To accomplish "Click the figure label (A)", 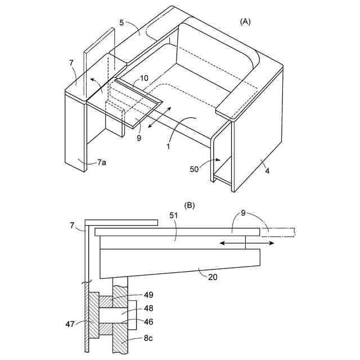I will (x=245, y=21).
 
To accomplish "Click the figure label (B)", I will (x=189, y=206).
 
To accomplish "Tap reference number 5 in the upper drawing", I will (x=121, y=24).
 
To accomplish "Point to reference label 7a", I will (x=101, y=162).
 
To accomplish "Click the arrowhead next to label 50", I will (x=215, y=160).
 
